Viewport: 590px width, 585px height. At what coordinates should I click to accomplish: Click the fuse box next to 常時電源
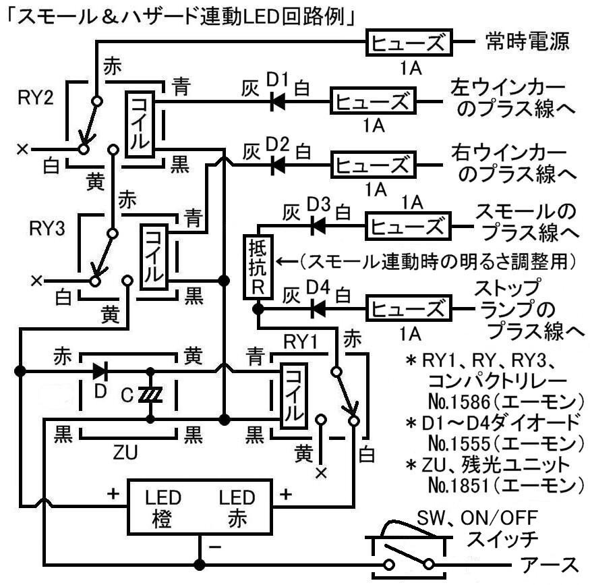409,44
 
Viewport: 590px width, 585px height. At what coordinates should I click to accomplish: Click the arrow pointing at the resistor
287,260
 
